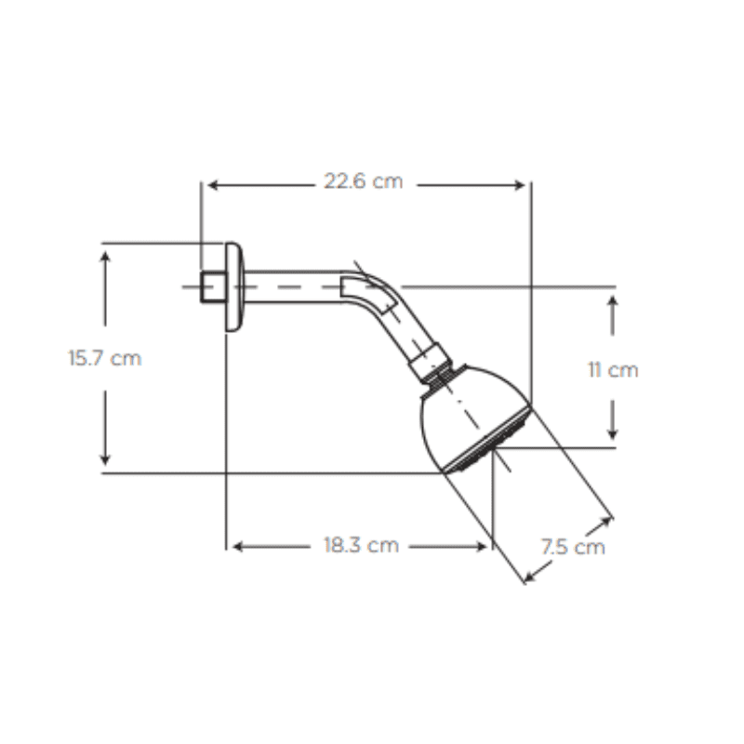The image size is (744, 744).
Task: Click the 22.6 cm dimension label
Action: click(x=363, y=181)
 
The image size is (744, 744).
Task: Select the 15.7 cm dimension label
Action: click(x=105, y=358)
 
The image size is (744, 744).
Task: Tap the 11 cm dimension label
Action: click(x=613, y=370)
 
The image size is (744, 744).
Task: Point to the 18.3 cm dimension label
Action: click(x=361, y=546)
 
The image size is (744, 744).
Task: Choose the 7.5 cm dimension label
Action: click(x=573, y=547)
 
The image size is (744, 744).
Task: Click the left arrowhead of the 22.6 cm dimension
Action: click(x=213, y=185)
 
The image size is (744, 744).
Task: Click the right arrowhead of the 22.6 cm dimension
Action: click(x=520, y=185)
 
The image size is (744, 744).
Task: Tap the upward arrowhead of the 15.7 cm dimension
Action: click(x=105, y=257)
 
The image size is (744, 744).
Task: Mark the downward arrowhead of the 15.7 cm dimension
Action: click(x=105, y=459)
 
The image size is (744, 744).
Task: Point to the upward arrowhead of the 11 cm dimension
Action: click(x=613, y=300)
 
